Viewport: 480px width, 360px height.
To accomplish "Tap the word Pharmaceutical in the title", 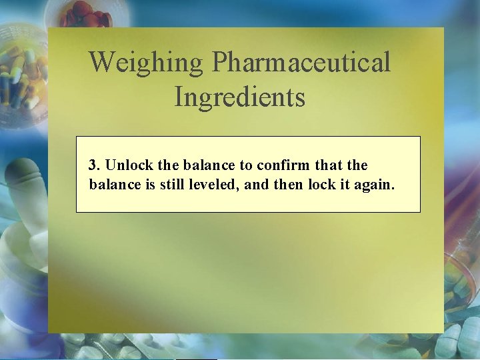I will click(x=301, y=63).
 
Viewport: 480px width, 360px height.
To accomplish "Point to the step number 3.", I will click(x=94, y=165).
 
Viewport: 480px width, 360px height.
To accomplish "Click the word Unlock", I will click(x=126, y=165).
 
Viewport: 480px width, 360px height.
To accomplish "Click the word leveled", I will click(x=215, y=184).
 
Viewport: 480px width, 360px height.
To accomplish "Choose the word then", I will click(x=289, y=184).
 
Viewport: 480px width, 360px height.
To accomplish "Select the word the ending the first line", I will click(x=357, y=165).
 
